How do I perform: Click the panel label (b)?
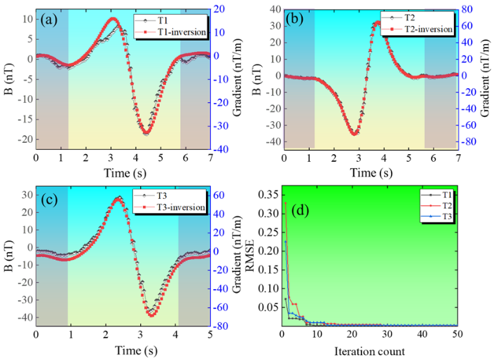click(294, 19)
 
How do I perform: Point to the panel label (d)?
click(300, 210)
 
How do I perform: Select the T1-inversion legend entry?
click(170, 32)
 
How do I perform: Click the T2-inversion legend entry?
click(416, 29)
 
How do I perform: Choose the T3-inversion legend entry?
click(170, 207)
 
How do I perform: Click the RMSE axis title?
click(249, 255)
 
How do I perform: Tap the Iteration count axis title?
click(369, 351)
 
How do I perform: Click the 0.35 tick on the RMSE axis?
click(268, 195)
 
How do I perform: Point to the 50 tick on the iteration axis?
click(457, 334)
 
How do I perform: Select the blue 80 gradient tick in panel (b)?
click(467, 9)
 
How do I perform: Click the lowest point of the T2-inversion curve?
click(354, 134)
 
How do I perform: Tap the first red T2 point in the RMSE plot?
click(286, 203)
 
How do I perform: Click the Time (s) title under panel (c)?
click(136, 351)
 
